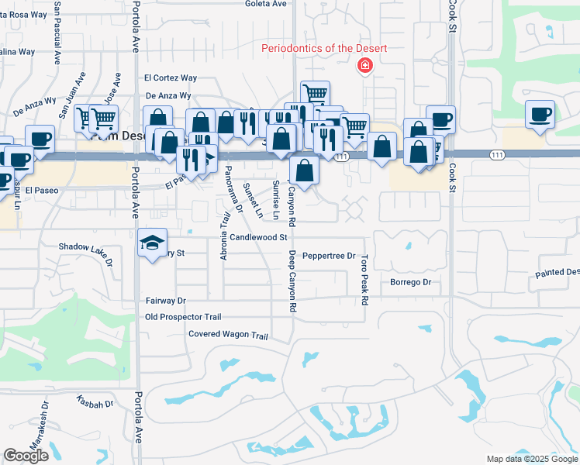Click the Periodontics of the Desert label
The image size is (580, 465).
pyautogui.click(x=324, y=49)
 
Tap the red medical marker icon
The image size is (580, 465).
pyautogui.click(x=363, y=66)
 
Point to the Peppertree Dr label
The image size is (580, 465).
pyautogui.click(x=328, y=256)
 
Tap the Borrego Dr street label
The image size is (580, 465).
pyautogui.click(x=409, y=282)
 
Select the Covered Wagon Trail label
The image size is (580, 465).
pyautogui.click(x=228, y=335)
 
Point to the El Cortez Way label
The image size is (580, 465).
pyautogui.click(x=171, y=77)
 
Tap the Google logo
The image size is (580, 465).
pyautogui.click(x=26, y=456)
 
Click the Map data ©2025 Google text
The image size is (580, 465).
pyautogui.click(x=532, y=459)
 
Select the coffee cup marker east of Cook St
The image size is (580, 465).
pyautogui.click(x=540, y=114)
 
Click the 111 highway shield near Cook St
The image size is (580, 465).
pyautogui.click(x=497, y=156)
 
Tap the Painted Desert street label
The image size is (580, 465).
pyautogui.click(x=557, y=272)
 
